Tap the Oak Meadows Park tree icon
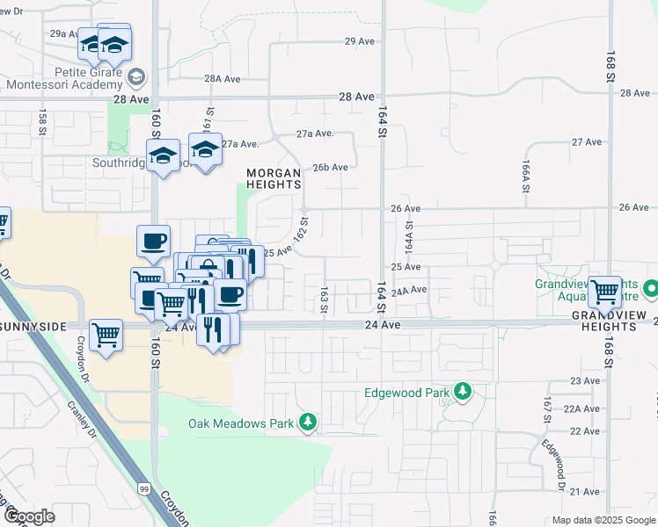[x=308, y=423]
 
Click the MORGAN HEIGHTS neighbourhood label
[x=274, y=178]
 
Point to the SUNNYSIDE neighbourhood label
[x=33, y=327]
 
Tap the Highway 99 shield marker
[x=143, y=487]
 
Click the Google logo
[x=28, y=516]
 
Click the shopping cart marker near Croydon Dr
[x=106, y=334]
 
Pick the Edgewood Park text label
[x=406, y=392]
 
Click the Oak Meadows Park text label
[x=240, y=423]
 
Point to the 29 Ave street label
[x=361, y=41]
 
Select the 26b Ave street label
[x=331, y=167]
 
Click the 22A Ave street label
[x=581, y=408]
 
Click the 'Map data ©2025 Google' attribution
[x=603, y=520]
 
